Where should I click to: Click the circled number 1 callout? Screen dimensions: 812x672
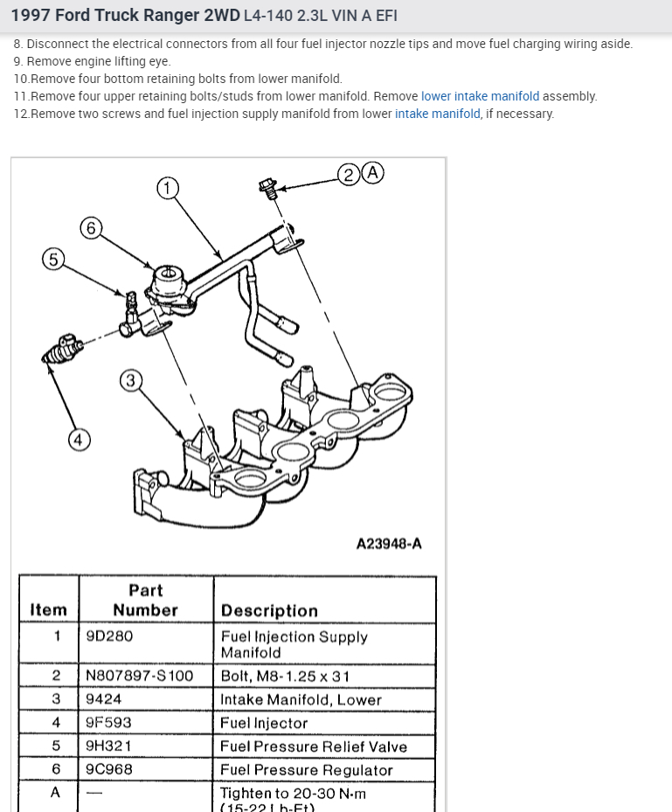[167, 188]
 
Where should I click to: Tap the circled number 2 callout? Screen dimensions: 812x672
[350, 173]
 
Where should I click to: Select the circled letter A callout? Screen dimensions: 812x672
[373, 172]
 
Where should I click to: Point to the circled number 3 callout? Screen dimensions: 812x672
[130, 380]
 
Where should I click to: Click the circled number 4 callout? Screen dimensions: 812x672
[79, 440]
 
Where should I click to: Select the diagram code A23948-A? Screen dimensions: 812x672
[389, 544]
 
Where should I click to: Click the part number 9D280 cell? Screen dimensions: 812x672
[109, 636]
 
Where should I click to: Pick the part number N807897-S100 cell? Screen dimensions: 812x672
[139, 676]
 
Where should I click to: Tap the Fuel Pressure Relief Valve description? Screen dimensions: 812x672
[313, 746]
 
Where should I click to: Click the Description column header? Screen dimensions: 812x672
[269, 610]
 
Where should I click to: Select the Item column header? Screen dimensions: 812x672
[48, 610]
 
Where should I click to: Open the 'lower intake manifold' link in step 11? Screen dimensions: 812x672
[480, 96]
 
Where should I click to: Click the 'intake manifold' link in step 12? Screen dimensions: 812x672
[437, 114]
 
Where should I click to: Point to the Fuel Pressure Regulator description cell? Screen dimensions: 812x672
[306, 770]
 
